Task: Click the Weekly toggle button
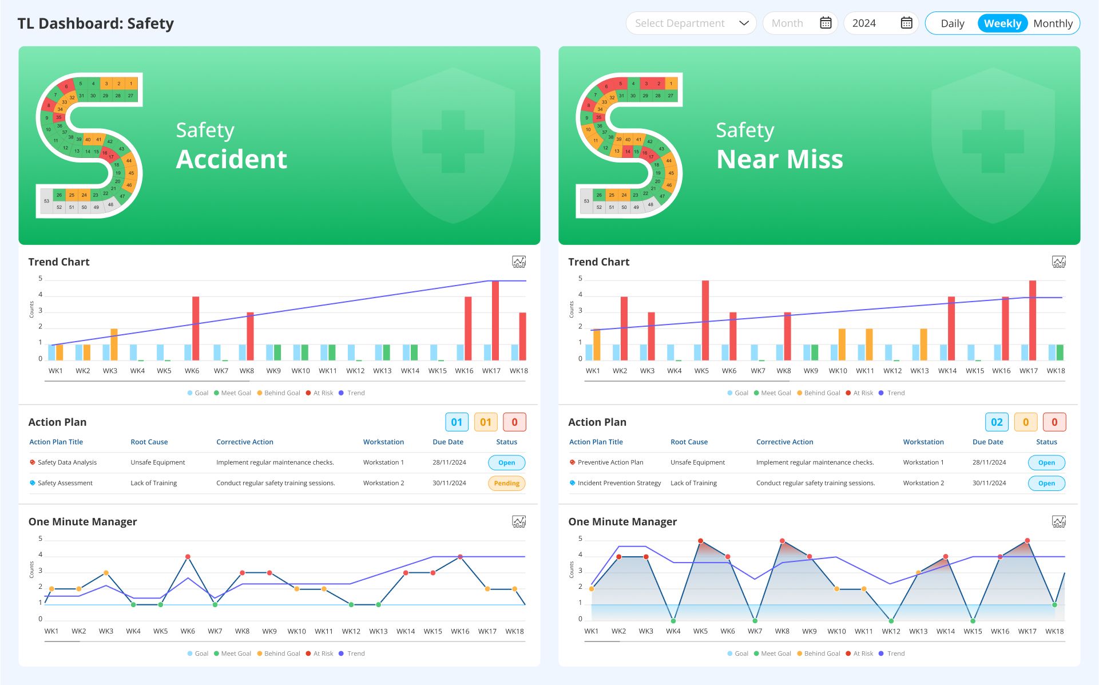tap(1002, 23)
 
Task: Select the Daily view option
tap(952, 23)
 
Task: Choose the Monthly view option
tap(1053, 23)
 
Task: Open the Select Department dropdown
tap(691, 23)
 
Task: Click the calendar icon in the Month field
tap(826, 23)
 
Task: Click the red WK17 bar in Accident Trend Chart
tap(495, 320)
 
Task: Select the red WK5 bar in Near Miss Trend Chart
tap(705, 320)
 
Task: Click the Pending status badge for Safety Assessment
tap(506, 484)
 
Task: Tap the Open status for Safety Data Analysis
tap(506, 463)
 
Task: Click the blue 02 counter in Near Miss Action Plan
tap(997, 422)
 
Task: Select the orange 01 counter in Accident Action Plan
tap(486, 422)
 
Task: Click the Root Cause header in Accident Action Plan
tap(149, 442)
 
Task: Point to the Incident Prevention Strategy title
tap(619, 484)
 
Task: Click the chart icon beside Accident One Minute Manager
tap(519, 522)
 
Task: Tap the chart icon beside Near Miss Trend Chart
tap(1059, 262)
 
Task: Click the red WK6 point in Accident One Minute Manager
tap(188, 557)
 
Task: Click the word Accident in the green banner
tap(232, 159)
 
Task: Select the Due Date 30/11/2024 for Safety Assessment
tap(449, 484)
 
